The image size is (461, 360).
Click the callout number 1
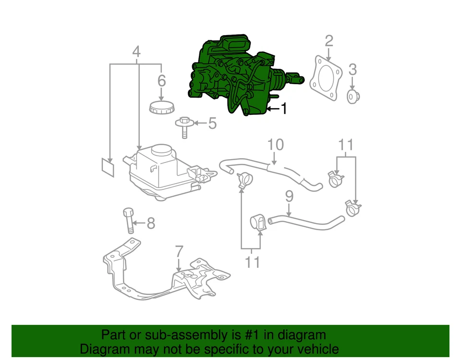[x=284, y=109]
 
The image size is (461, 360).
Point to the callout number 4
[x=136, y=51]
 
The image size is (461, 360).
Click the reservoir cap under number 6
[x=161, y=108]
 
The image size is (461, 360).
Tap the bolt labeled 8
[x=129, y=221]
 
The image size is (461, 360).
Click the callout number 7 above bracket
[x=179, y=251]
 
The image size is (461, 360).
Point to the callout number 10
[x=275, y=144]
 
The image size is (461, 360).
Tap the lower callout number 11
[x=253, y=262]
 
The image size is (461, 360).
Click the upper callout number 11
[x=346, y=144]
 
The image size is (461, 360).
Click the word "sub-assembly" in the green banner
[x=192, y=335]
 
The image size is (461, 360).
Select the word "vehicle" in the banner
[x=315, y=349]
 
